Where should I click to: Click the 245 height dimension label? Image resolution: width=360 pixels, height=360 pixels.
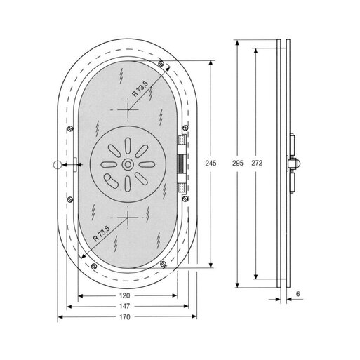[x=211, y=163]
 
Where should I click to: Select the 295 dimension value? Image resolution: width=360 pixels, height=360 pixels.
[x=238, y=163]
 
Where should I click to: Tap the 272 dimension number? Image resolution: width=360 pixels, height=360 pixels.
[x=257, y=163]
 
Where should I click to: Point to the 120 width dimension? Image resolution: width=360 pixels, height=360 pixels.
[x=125, y=295]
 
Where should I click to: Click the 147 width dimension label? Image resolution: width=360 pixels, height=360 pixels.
[x=125, y=306]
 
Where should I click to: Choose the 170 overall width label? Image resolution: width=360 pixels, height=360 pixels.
[x=125, y=317]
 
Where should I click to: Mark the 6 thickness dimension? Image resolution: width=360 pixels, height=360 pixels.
[x=298, y=294]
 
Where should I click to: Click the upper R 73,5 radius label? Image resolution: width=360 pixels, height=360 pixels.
[x=140, y=89]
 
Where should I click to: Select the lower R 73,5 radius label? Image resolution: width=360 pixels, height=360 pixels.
[x=102, y=234]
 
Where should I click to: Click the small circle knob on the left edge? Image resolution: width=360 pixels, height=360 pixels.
[x=57, y=165]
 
